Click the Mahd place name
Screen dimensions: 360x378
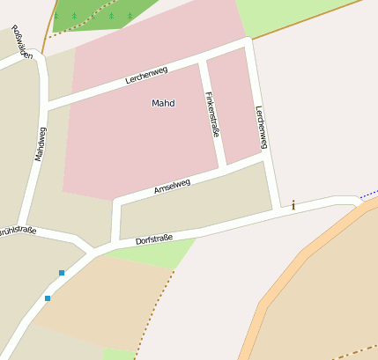click(163, 103)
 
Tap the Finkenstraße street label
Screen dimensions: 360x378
click(211, 115)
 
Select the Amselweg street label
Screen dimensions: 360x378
click(172, 187)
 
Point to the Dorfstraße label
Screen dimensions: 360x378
click(154, 239)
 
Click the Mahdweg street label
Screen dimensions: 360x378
click(40, 143)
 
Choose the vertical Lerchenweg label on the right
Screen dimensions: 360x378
click(261, 127)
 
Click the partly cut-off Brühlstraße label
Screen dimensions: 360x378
click(17, 231)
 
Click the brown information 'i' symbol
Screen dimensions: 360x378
click(293, 205)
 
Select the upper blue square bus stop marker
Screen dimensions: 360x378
click(62, 273)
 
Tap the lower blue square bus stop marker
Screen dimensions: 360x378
click(48, 298)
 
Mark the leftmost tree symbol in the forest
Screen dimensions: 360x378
click(56, 15)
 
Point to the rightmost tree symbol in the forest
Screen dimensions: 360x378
click(130, 15)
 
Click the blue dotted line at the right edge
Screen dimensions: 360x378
click(368, 192)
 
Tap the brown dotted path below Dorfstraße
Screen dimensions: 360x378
click(154, 312)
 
